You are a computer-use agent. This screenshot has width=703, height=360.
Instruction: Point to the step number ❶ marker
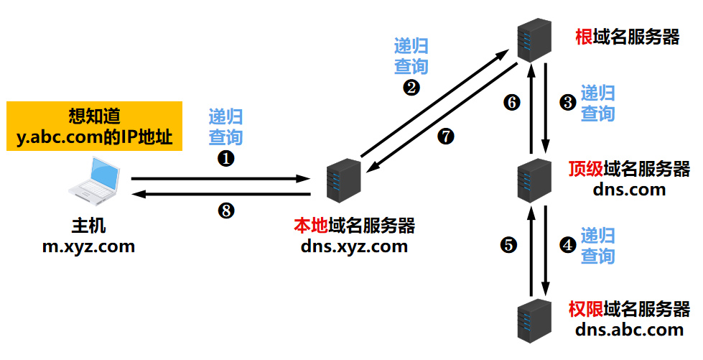click(x=225, y=159)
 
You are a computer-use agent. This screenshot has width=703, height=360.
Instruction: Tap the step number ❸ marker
click(x=567, y=103)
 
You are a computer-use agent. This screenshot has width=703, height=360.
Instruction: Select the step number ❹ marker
click(x=567, y=245)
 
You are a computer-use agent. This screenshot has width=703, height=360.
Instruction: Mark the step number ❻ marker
click(x=511, y=103)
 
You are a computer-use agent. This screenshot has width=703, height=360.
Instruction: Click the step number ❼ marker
click(x=446, y=137)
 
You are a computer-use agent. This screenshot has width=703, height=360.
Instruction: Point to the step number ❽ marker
click(x=225, y=211)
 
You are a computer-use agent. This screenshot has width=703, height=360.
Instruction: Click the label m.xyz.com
click(x=88, y=246)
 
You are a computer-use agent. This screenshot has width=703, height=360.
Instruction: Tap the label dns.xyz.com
click(x=355, y=246)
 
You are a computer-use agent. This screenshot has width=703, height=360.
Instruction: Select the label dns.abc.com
click(x=629, y=330)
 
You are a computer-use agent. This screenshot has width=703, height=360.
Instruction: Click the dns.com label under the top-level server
click(x=629, y=190)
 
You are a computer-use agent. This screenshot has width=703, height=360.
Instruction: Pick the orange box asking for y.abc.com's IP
click(x=94, y=126)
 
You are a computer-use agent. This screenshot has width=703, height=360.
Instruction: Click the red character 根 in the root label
click(x=584, y=37)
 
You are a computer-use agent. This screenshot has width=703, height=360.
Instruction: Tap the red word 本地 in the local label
click(x=310, y=226)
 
